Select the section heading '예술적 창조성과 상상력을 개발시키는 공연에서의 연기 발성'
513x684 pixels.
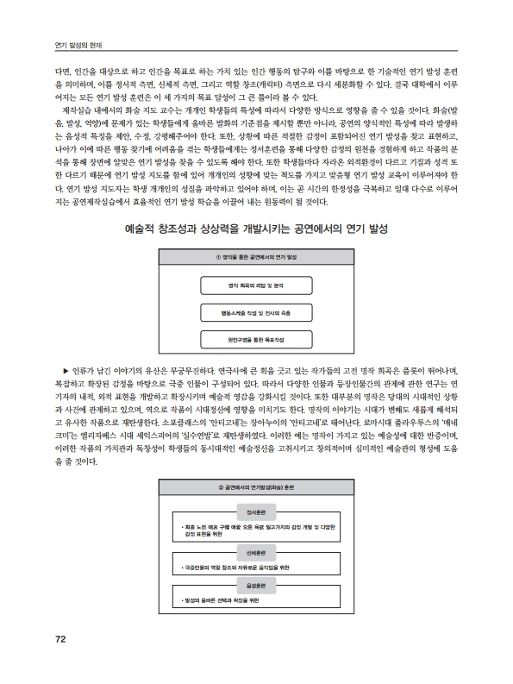pyautogui.click(x=255, y=230)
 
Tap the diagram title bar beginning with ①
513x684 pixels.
pyautogui.click(x=255, y=257)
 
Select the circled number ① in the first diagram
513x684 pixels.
pyautogui.click(x=218, y=257)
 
